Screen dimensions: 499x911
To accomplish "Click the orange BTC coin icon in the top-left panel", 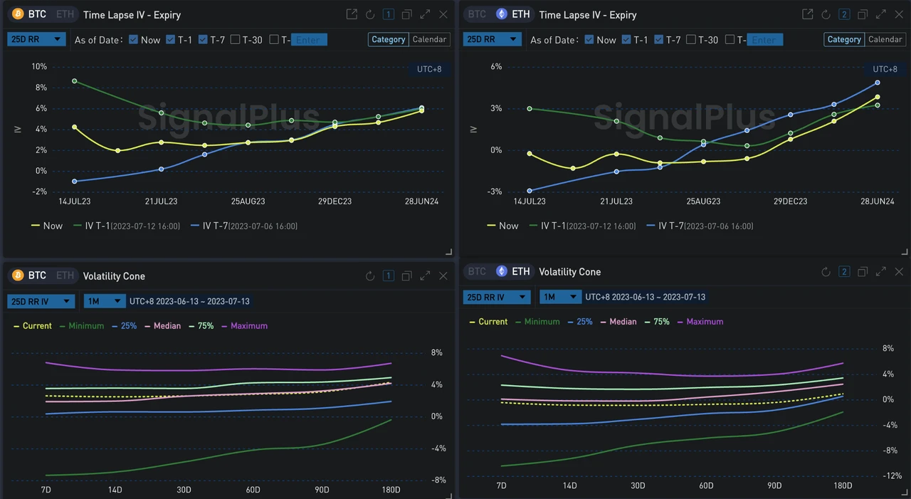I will (x=18, y=14).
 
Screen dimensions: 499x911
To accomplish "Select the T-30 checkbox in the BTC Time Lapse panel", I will (x=235, y=40).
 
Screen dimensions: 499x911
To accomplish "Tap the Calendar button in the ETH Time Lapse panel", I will (x=885, y=40).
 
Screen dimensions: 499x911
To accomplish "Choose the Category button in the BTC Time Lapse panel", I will (x=389, y=40).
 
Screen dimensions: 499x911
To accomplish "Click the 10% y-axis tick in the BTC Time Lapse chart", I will (x=39, y=67).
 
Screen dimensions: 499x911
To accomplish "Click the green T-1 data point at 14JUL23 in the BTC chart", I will (x=75, y=81).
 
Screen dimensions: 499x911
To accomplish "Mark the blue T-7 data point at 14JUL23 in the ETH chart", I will (x=530, y=191).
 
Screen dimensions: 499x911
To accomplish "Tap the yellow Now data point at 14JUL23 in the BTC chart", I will (x=75, y=127).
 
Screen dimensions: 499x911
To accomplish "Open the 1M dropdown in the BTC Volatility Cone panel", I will (x=104, y=301).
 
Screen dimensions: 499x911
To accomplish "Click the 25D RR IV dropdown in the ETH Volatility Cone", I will (x=496, y=297).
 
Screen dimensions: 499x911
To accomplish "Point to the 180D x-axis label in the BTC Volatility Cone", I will (x=390, y=490).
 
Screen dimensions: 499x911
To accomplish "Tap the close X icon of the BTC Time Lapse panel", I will (x=443, y=14).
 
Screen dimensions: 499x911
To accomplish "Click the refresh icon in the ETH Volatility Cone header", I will (x=826, y=272).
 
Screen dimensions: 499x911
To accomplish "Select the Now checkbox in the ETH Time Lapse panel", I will (x=589, y=40).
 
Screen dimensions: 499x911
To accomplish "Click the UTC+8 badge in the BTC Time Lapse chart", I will (x=429, y=69).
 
